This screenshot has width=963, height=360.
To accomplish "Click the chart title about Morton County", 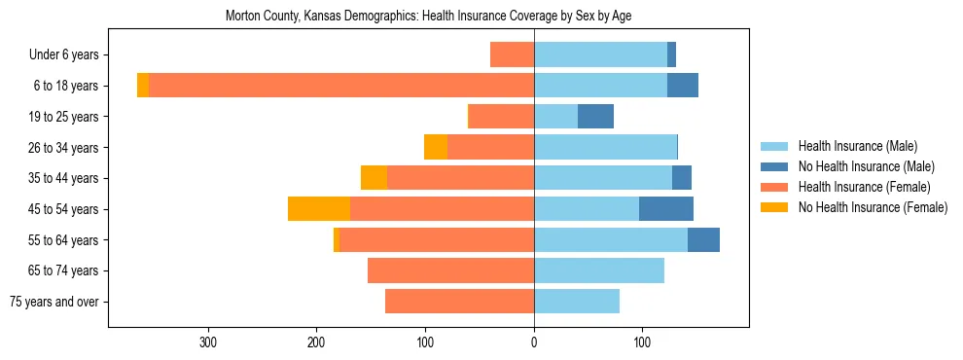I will click(428, 17).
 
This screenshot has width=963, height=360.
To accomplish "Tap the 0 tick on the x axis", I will click(534, 342).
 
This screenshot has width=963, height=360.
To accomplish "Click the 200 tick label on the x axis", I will click(316, 342).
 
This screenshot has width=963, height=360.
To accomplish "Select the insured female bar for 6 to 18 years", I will click(341, 86).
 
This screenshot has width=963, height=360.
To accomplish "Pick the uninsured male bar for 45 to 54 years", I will click(666, 209).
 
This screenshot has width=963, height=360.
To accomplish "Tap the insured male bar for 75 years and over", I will click(577, 302).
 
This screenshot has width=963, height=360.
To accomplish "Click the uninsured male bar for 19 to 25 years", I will click(595, 117).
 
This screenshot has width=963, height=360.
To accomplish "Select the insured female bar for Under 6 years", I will click(512, 54).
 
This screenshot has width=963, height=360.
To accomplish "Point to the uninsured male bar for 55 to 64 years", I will click(703, 240).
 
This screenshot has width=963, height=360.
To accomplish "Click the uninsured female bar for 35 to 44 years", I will click(374, 178).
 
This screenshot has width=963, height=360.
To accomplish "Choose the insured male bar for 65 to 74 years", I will click(599, 270).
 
